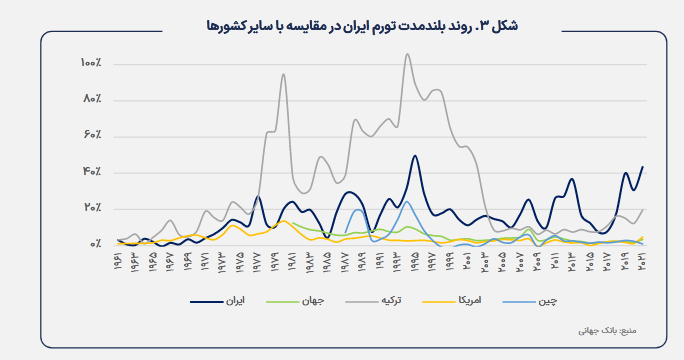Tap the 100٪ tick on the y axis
(91, 64)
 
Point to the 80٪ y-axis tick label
(93, 100)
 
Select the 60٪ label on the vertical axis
(93, 136)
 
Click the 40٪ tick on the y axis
(93, 172)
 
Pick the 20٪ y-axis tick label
(93, 208)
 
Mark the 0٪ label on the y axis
(96, 244)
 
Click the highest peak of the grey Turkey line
(407, 54)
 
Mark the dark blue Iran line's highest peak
(414, 156)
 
